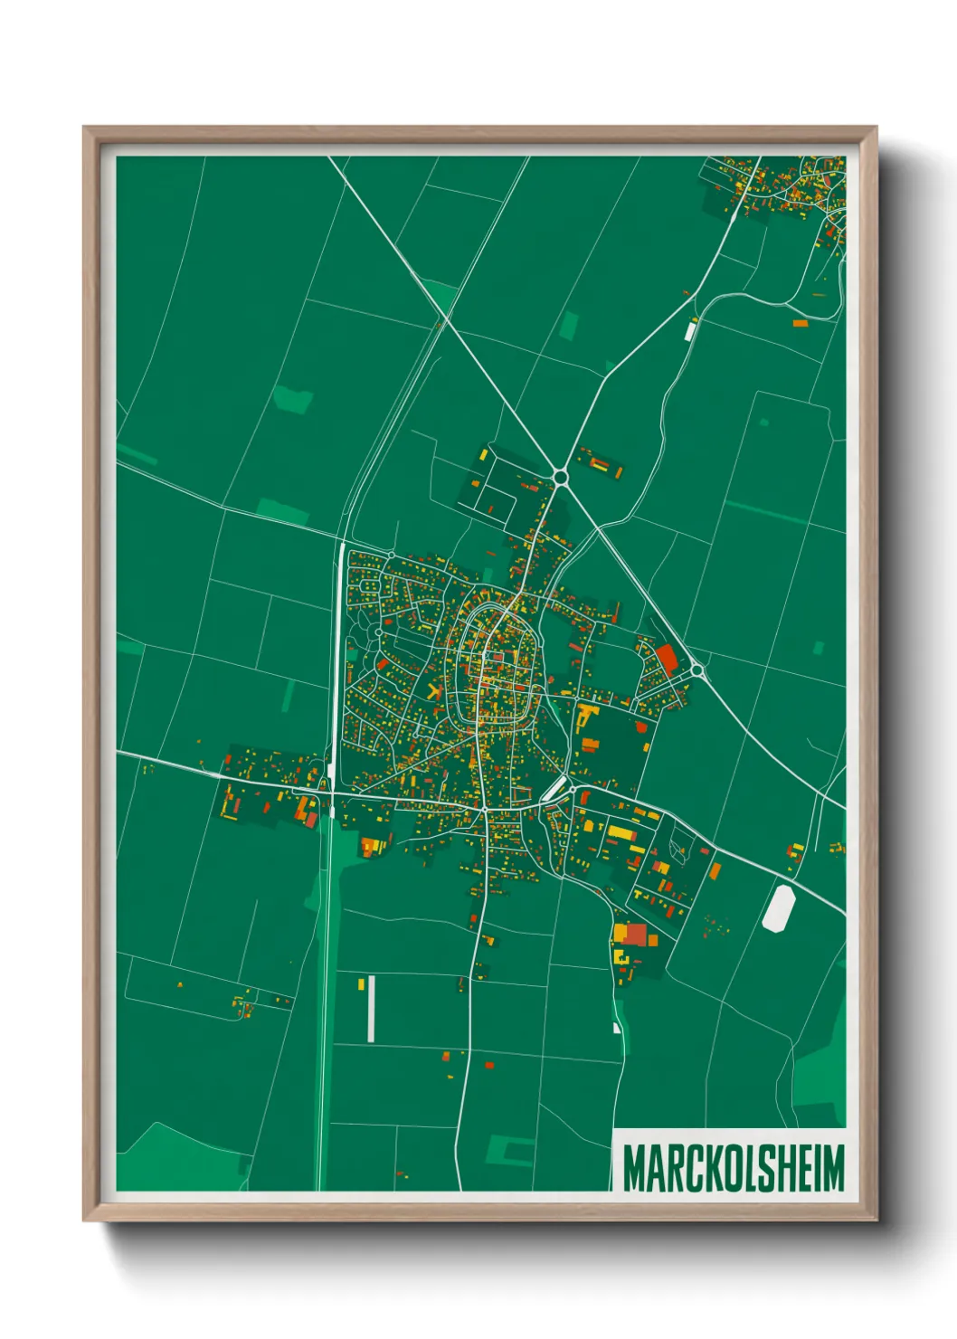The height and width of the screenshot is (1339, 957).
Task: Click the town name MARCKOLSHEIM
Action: click(733, 1168)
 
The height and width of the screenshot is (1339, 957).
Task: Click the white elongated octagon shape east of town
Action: click(778, 907)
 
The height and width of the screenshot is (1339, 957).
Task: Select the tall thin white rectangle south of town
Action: click(371, 1008)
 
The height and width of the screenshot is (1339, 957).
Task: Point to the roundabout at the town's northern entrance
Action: click(561, 476)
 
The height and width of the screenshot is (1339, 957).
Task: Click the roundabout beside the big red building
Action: click(697, 670)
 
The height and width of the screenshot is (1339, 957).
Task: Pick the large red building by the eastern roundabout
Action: click(667, 658)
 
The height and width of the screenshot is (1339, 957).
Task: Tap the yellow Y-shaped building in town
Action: click(434, 693)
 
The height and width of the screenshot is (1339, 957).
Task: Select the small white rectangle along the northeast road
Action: click(690, 330)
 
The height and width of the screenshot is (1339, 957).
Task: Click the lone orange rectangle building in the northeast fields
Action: click(800, 323)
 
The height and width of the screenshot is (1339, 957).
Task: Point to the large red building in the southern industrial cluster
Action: click(637, 935)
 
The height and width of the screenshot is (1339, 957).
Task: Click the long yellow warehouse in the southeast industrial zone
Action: click(622, 832)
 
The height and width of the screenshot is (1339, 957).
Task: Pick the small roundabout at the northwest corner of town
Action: click(391, 555)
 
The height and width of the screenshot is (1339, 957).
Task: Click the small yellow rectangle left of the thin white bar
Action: click(360, 983)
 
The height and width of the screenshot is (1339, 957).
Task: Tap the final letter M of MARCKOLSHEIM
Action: click(833, 1168)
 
